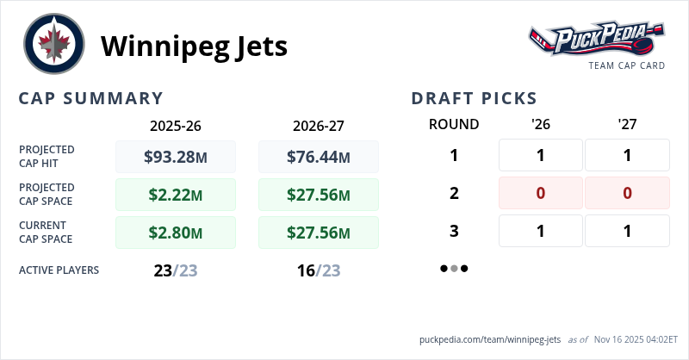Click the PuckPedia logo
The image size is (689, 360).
596,40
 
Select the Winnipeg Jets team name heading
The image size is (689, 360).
194,46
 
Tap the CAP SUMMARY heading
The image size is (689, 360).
90,98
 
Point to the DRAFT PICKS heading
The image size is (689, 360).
474,98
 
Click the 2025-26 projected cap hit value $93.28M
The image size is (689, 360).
176,157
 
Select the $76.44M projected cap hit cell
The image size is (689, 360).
319,157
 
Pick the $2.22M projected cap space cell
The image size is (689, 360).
176,195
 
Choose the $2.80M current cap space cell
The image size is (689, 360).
176,233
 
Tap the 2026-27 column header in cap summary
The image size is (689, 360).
319,125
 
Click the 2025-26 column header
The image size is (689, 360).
176,125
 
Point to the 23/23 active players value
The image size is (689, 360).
176,270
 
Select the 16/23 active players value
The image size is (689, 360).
319,270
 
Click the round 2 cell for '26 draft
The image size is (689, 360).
541,193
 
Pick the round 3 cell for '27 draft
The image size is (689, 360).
627,231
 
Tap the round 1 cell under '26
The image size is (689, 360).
541,155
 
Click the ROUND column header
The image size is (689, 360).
454,124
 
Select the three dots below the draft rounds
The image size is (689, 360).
454,269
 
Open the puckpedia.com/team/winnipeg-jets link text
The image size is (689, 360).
490,339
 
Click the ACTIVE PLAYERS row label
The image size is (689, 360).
59,270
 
